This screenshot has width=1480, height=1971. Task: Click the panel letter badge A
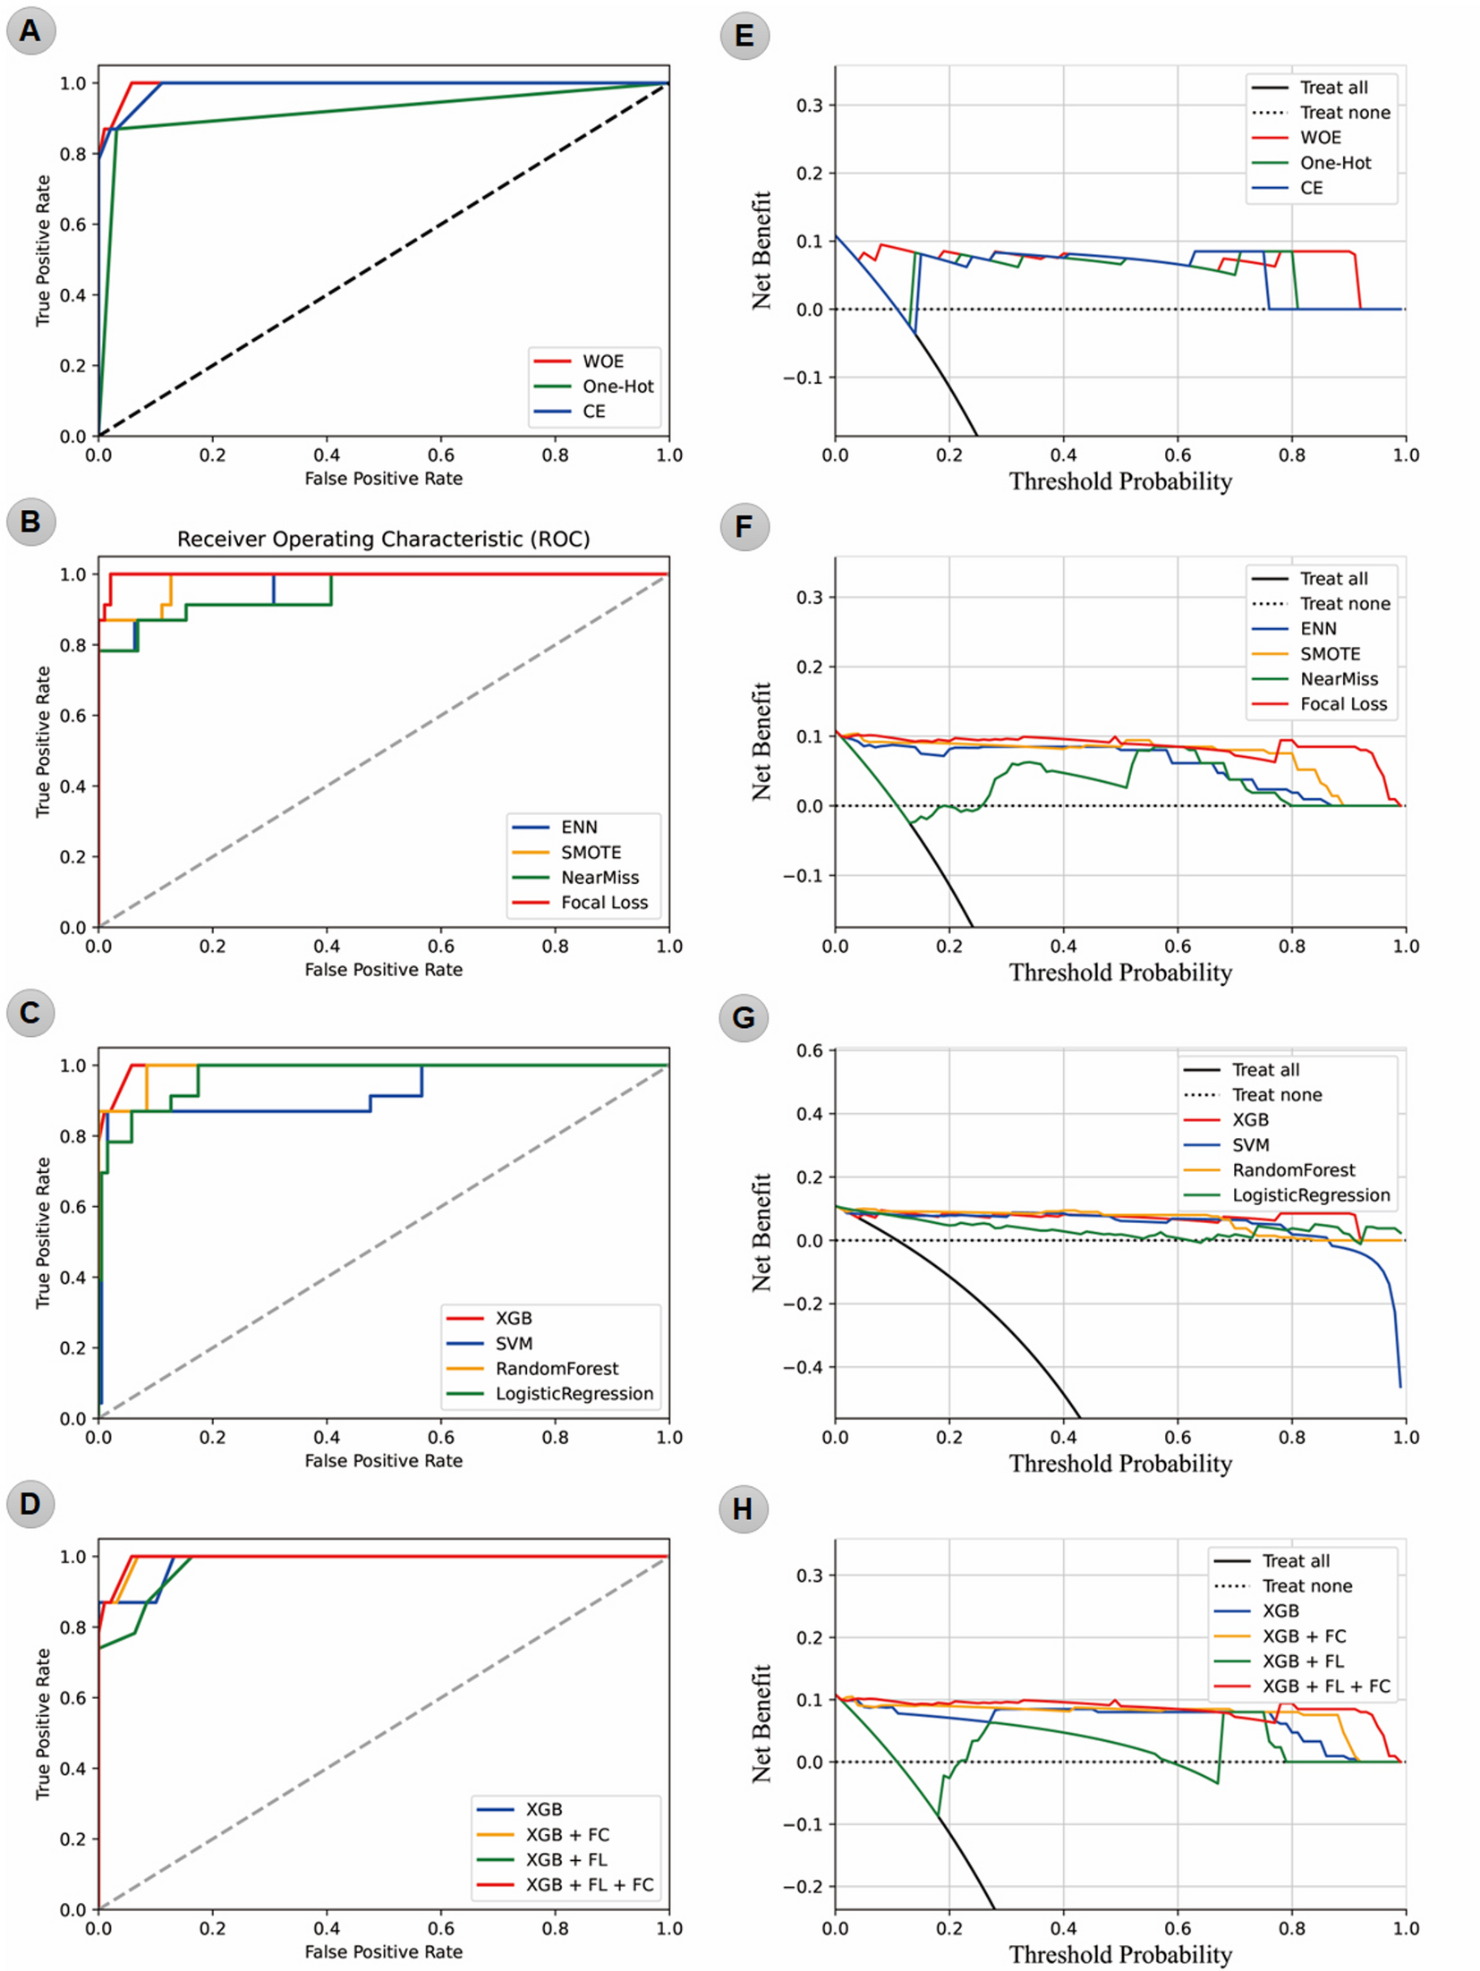tap(30, 30)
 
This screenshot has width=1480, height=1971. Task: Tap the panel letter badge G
tap(744, 1017)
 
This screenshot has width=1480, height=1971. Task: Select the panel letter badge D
tap(30, 1503)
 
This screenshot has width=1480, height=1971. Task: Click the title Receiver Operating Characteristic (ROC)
tap(383, 539)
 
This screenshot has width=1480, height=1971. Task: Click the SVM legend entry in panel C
tap(514, 1343)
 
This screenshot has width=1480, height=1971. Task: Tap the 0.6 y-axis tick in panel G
tap(809, 1050)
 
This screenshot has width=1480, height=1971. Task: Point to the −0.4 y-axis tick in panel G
tap(803, 1367)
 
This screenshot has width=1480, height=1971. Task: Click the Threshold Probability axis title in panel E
tap(1120, 481)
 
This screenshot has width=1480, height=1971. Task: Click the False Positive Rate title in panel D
tap(383, 1951)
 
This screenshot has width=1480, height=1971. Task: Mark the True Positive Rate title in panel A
tap(42, 251)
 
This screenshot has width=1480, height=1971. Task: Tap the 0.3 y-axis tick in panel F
tap(809, 597)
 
